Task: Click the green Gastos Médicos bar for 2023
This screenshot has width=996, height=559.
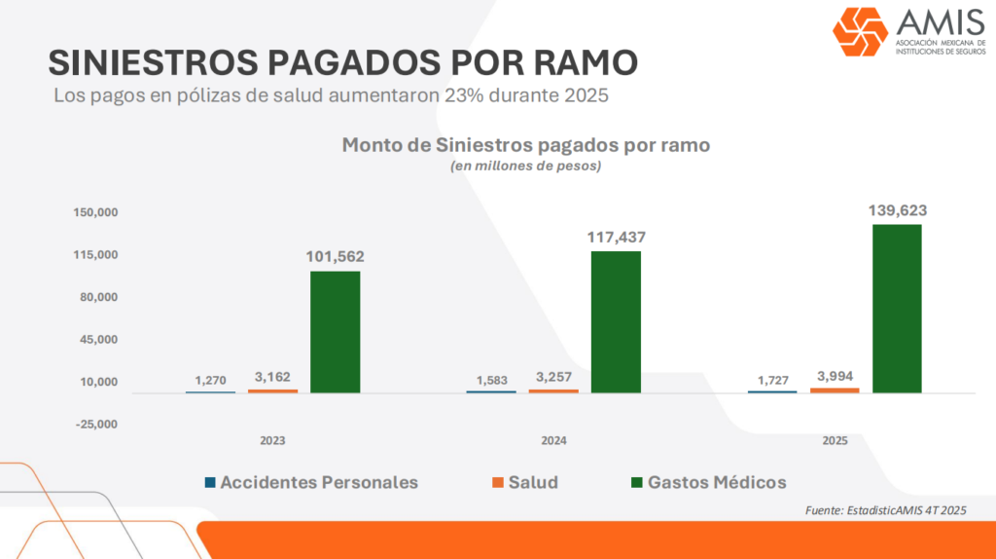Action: click(336, 331)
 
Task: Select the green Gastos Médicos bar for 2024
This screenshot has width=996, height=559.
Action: click(616, 321)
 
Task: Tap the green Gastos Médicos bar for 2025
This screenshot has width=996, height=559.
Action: click(897, 309)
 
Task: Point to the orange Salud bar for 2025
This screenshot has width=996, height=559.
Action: click(835, 390)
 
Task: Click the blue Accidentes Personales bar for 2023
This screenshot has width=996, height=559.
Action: click(210, 391)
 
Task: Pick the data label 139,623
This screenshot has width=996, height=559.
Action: click(897, 209)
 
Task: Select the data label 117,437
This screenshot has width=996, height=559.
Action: click(616, 237)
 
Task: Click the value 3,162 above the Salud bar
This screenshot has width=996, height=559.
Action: click(272, 377)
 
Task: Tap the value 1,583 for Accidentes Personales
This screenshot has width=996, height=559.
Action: click(491, 379)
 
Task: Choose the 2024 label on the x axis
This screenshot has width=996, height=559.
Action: click(553, 440)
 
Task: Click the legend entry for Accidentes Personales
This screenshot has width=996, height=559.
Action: click(311, 482)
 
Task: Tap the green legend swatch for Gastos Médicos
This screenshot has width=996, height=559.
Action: click(638, 482)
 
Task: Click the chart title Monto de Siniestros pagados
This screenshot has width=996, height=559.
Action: click(525, 145)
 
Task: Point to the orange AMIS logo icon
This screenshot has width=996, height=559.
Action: click(860, 32)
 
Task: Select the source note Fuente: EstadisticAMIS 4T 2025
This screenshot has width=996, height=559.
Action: click(885, 510)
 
